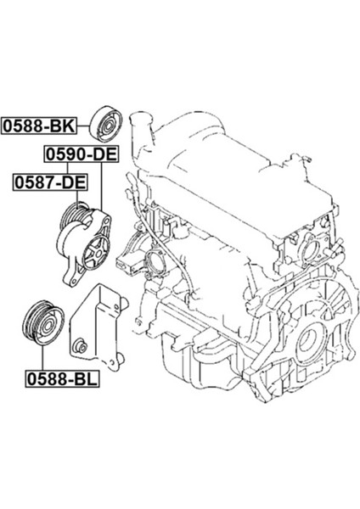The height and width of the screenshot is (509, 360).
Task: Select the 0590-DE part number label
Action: (x=81, y=154)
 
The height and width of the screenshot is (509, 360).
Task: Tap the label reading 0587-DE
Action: (x=48, y=182)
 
